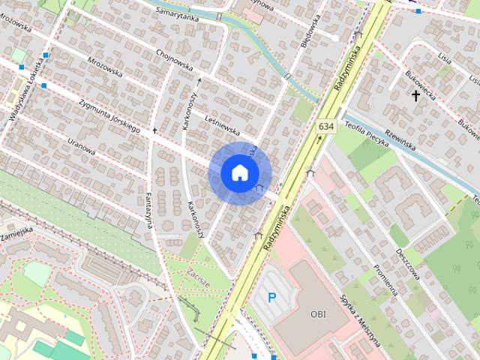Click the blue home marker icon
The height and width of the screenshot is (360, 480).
[x=238, y=173]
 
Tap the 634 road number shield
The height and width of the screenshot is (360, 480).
[x=325, y=127]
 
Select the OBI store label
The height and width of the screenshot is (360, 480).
[x=318, y=313]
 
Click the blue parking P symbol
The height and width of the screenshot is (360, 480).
[x=272, y=298]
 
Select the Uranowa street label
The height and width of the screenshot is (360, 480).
[x=81, y=145]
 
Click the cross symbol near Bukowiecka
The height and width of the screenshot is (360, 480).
[x=415, y=95]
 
